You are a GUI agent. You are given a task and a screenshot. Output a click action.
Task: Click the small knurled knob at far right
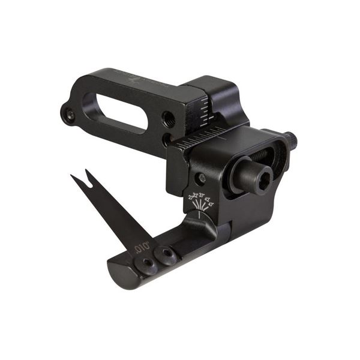(x=292, y=141)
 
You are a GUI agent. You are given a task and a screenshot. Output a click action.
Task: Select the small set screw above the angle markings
(x=202, y=178)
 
